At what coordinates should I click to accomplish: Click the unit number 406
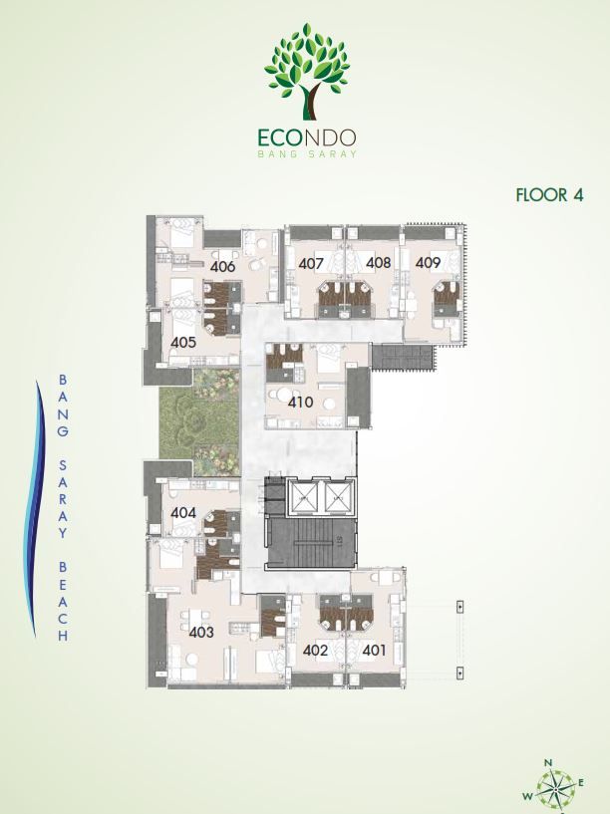click(x=222, y=267)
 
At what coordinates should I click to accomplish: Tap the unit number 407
click(x=311, y=264)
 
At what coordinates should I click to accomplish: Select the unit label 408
click(x=378, y=263)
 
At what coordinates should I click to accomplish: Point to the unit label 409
click(x=428, y=263)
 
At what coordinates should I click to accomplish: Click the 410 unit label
click(x=301, y=402)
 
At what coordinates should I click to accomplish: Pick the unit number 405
click(x=183, y=342)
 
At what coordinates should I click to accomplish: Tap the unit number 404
click(x=183, y=513)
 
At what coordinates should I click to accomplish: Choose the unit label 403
click(x=201, y=633)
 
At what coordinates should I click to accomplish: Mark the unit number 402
click(x=315, y=650)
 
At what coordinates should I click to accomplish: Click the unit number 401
click(x=374, y=650)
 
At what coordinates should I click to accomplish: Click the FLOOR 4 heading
click(x=550, y=194)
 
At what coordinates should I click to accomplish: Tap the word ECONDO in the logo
click(x=306, y=137)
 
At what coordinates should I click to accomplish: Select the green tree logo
click(x=306, y=71)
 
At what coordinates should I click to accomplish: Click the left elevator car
click(x=304, y=498)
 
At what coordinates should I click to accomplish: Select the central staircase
click(x=311, y=543)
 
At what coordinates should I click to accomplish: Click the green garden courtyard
click(x=200, y=415)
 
